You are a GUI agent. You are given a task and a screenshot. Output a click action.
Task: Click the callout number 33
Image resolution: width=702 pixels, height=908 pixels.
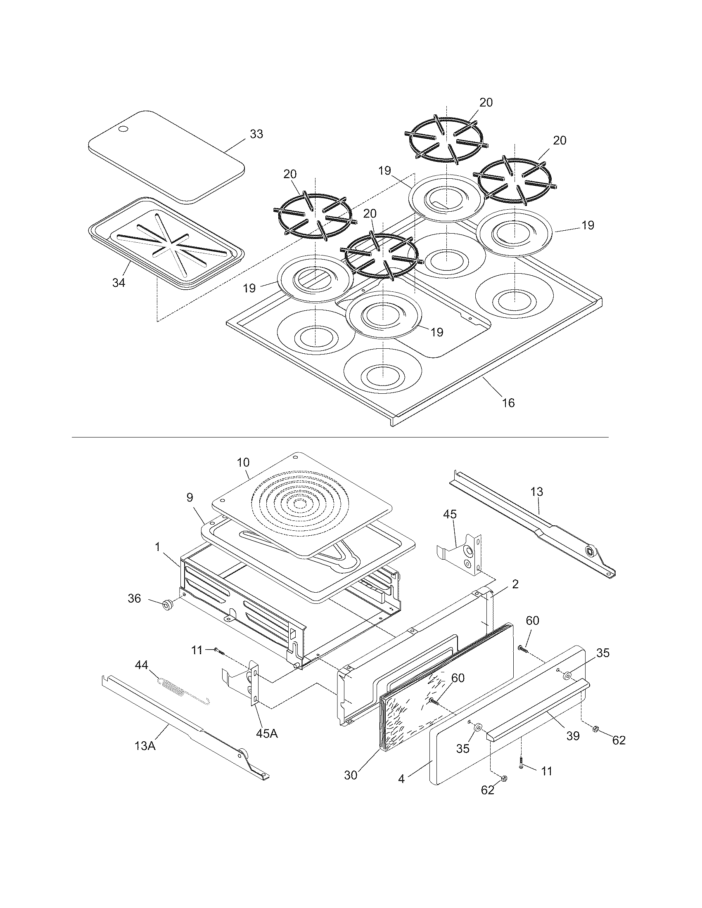pyautogui.click(x=256, y=134)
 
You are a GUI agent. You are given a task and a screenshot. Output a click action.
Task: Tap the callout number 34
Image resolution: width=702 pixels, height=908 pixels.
pyautogui.click(x=119, y=283)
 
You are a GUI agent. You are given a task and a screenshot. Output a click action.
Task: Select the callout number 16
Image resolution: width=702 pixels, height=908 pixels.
pyautogui.click(x=508, y=402)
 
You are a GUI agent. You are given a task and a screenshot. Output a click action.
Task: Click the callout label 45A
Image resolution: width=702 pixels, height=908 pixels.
pyautogui.click(x=267, y=733)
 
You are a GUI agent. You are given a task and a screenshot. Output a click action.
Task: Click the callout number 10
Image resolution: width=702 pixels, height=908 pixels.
pyautogui.click(x=243, y=462)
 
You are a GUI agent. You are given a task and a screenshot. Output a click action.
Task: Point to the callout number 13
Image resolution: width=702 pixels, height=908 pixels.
pyautogui.click(x=536, y=492)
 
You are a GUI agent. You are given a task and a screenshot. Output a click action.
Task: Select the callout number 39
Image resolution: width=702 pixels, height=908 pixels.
pyautogui.click(x=573, y=736)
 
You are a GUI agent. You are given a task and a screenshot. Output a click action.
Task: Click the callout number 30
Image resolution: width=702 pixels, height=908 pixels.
pyautogui.click(x=351, y=776)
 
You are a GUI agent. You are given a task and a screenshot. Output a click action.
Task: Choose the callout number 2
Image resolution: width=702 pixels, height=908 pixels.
pyautogui.click(x=515, y=584)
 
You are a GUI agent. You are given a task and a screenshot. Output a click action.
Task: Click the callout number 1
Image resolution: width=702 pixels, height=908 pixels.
pyautogui.click(x=158, y=547)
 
